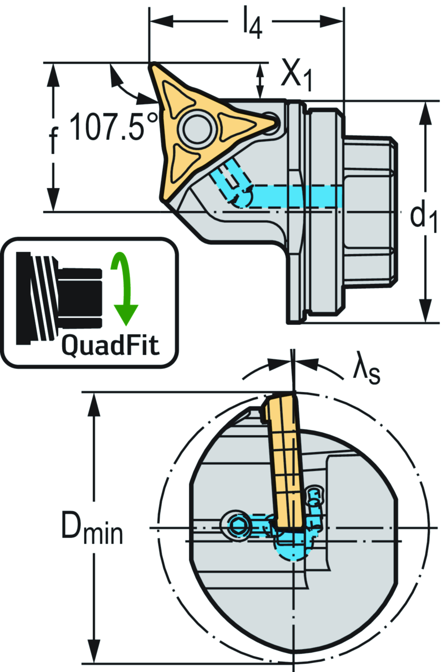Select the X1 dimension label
coord(296,75)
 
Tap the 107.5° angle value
coord(113,126)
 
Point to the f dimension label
coord(53,139)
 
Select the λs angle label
coord(367,371)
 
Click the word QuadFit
coord(110,345)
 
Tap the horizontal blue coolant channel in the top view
coord(297,195)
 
